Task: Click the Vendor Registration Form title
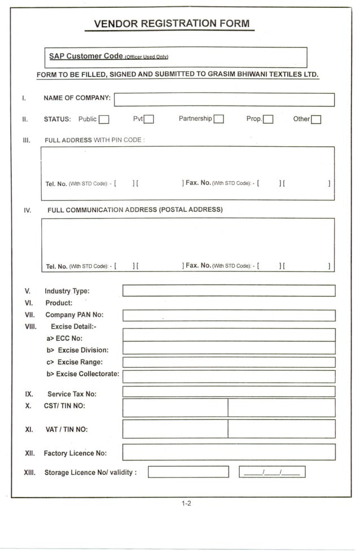pos(171,24)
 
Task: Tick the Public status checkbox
pos(104,119)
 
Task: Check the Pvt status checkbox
pos(149,119)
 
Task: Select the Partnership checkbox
pos(219,119)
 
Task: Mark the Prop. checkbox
pos(269,119)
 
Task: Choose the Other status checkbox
pos(316,119)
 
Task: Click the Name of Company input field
pos(224,100)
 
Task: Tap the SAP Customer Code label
pos(86,56)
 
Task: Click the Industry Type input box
pos(229,291)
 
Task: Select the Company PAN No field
pos(229,316)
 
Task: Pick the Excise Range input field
pos(229,362)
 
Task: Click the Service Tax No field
pos(229,392)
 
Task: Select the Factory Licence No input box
pos(229,452)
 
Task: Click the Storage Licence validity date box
pos(272,472)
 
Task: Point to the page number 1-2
pos(186,503)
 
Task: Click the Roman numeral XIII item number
pos(30,472)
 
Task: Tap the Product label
pos(59,303)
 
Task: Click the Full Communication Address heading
pos(135,210)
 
